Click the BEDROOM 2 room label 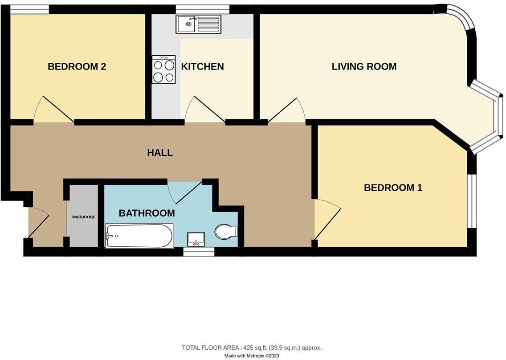pyautogui.click(x=77, y=67)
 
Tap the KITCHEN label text pyautogui.click(x=202, y=67)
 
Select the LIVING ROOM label pyautogui.click(x=364, y=67)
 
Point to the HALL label pyautogui.click(x=160, y=153)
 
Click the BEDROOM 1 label pyautogui.click(x=393, y=188)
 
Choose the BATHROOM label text pyautogui.click(x=147, y=213)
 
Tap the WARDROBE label pyautogui.click(x=84, y=217)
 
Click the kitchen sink pyautogui.click(x=198, y=24)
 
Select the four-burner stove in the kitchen pyautogui.click(x=163, y=70)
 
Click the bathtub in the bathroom pyautogui.click(x=139, y=236)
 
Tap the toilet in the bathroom pyautogui.click(x=226, y=232)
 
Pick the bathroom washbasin pyautogui.click(x=196, y=239)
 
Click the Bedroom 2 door pyautogui.click(x=54, y=109)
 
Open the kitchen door pyautogui.click(x=205, y=109)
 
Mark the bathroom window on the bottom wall pyautogui.click(x=199, y=252)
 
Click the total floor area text pyautogui.click(x=252, y=348)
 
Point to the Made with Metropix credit pyautogui.click(x=252, y=356)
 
